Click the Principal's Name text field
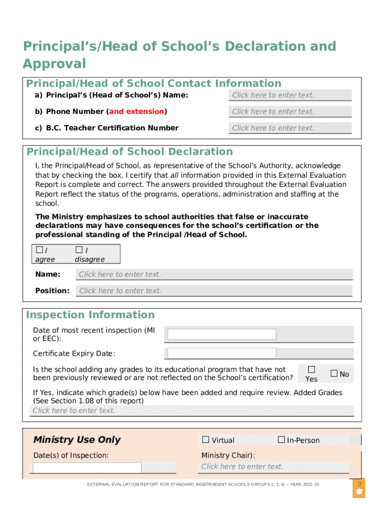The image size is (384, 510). point(290,95)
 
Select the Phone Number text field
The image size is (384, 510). point(290,112)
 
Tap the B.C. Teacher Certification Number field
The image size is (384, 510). point(290,128)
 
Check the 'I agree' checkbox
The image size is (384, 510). point(39,250)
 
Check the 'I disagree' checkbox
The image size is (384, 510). point(79,250)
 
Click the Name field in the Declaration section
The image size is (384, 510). point(214,274)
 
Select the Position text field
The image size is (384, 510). point(214,291)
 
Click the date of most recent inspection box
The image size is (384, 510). point(221,334)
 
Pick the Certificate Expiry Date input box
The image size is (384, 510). point(221,353)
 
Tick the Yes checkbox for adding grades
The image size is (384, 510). point(312,370)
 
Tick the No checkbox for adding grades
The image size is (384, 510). point(334,374)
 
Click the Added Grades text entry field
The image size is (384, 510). point(192,411)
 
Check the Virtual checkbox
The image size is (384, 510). point(205,440)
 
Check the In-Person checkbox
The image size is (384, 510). point(281,440)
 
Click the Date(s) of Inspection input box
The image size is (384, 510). point(87,468)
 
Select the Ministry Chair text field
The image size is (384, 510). point(274,467)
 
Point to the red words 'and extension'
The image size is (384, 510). point(137,112)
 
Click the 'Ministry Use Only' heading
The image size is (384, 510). point(77,440)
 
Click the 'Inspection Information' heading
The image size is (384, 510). point(90,315)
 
